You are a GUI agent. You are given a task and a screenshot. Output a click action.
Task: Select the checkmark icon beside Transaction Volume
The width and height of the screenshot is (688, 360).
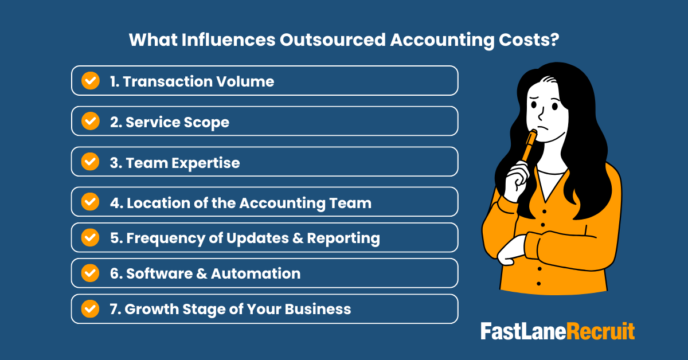[90, 81]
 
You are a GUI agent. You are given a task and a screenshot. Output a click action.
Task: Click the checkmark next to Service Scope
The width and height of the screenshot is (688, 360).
[90, 122]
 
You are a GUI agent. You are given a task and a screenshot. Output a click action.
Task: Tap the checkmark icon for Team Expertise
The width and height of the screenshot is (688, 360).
[90, 162]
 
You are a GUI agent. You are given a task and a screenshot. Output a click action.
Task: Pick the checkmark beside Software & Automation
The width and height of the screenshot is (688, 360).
[90, 273]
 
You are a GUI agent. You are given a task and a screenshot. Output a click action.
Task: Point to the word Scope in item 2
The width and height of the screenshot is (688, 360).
[209, 122]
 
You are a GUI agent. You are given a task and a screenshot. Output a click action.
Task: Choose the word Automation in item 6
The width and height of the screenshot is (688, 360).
[256, 273]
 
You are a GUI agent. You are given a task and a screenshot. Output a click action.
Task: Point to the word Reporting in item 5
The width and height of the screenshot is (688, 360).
[343, 238]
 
